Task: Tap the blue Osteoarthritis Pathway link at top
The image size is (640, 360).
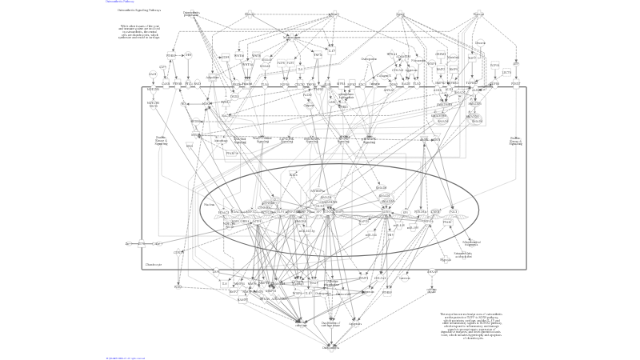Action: (117, 2)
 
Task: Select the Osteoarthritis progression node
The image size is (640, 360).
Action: (191, 14)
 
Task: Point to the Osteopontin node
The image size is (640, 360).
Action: (369, 59)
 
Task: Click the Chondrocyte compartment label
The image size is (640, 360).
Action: (154, 264)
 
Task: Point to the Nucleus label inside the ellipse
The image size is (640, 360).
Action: (209, 204)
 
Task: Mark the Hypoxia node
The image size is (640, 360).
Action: (446, 260)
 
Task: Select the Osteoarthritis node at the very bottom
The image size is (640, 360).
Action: (330, 348)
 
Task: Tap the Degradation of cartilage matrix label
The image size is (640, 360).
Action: (330, 324)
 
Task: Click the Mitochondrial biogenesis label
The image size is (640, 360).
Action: (471, 242)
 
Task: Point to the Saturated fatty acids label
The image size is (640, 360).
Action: (463, 255)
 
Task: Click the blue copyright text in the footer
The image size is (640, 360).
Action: (126, 358)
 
